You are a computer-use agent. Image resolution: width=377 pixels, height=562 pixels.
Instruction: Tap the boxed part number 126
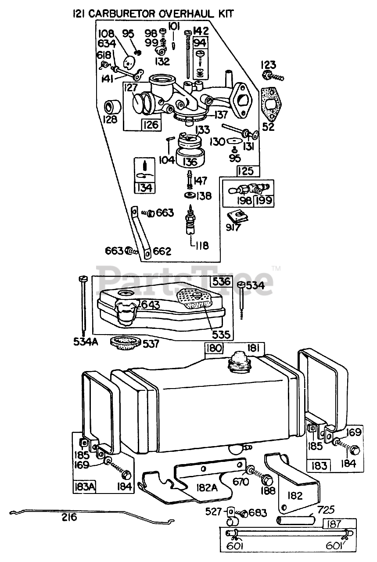tap(151, 124)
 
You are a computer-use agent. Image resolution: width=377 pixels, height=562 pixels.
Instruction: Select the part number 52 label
tap(268, 127)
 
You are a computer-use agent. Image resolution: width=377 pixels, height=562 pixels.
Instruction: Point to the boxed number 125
tap(246, 171)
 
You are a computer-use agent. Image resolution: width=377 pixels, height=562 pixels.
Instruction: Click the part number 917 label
tap(233, 227)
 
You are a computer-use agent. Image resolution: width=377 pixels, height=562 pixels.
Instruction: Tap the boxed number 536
tap(221, 281)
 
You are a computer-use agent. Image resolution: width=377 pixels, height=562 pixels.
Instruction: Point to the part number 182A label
tap(207, 488)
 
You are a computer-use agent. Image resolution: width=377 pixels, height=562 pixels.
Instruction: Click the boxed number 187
tap(334, 523)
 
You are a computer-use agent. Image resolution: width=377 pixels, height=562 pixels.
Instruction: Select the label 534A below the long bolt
tap(86, 342)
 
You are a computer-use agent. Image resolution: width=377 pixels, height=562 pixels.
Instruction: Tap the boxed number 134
tap(145, 188)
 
